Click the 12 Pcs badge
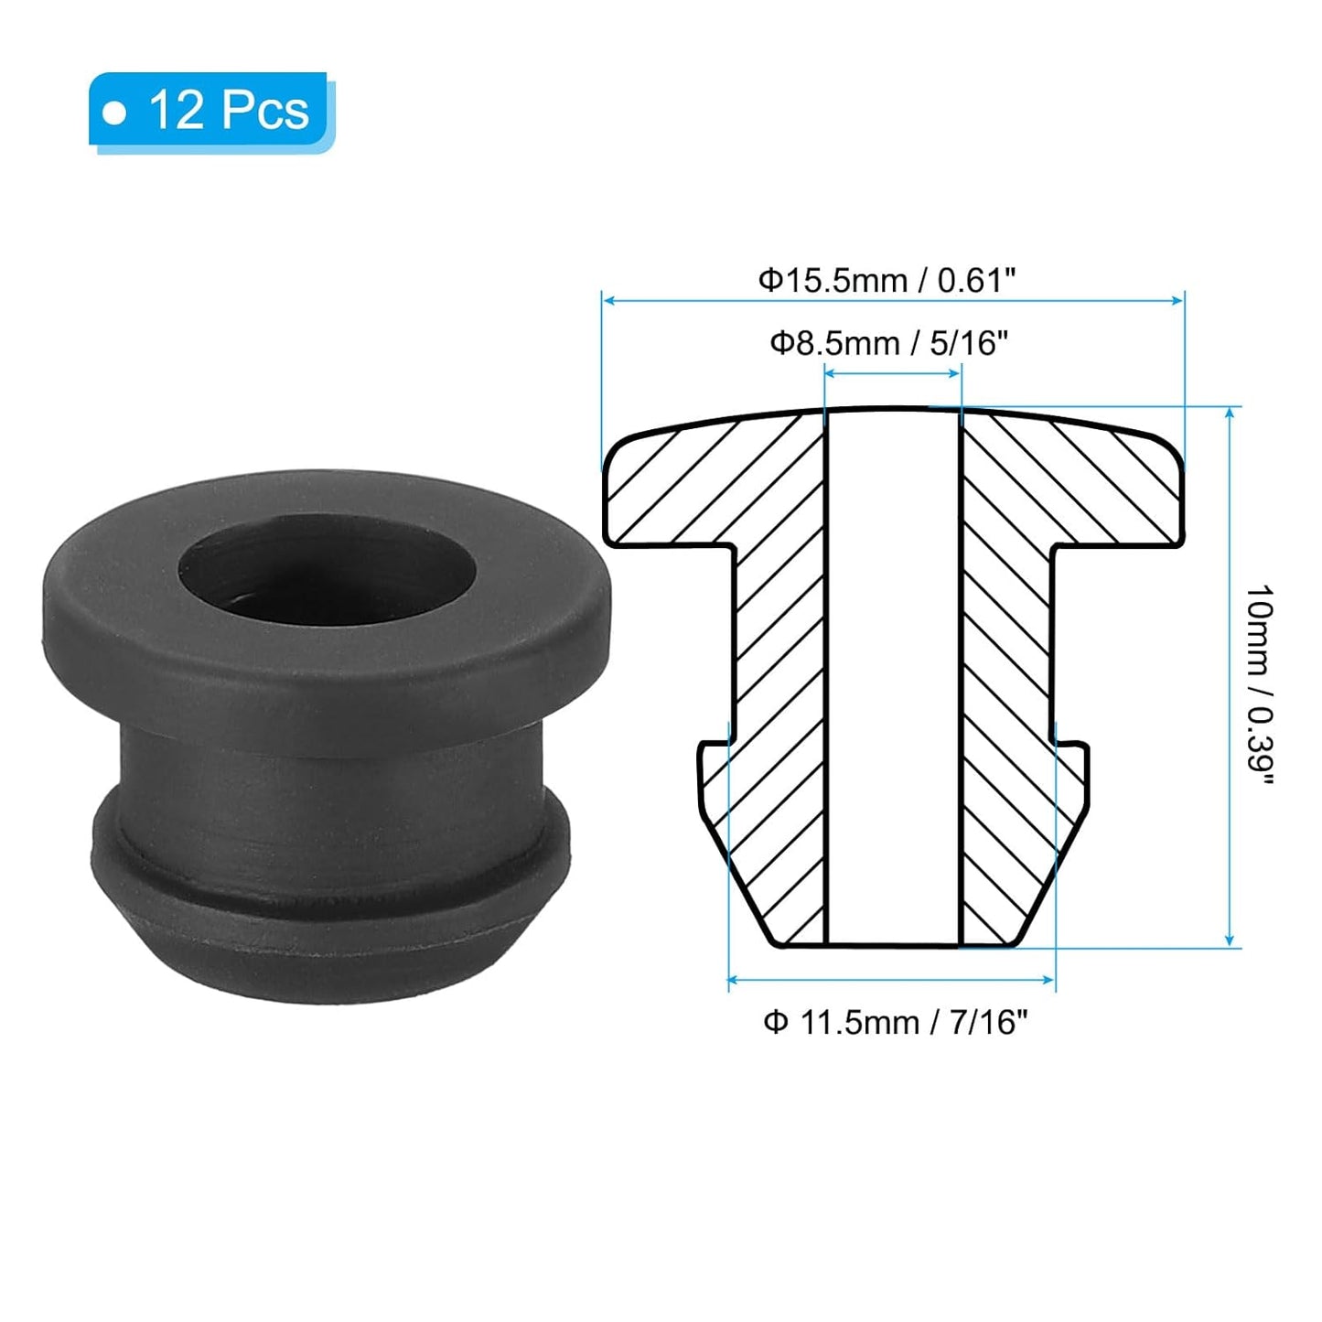(210, 111)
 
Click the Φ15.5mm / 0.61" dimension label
(887, 280)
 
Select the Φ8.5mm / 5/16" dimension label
(888, 343)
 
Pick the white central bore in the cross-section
(893, 677)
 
